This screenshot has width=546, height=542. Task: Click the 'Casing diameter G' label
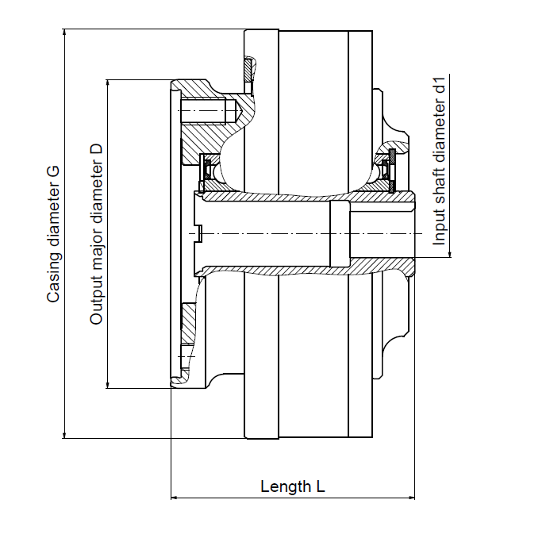click(x=53, y=234)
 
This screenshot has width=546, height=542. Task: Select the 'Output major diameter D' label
click(x=97, y=234)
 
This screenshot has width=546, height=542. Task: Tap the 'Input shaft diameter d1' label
click(x=439, y=162)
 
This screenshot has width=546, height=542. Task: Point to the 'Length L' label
click(x=293, y=486)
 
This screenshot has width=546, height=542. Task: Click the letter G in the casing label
click(x=54, y=172)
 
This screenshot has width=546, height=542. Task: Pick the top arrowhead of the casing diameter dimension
click(x=64, y=33)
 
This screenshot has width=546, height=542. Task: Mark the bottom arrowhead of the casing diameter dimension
click(x=64, y=434)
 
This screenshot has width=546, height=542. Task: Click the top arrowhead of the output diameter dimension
click(x=108, y=83)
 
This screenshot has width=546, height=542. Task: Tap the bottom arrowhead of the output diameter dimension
click(x=108, y=384)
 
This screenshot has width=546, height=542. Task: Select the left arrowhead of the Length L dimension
click(x=175, y=498)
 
